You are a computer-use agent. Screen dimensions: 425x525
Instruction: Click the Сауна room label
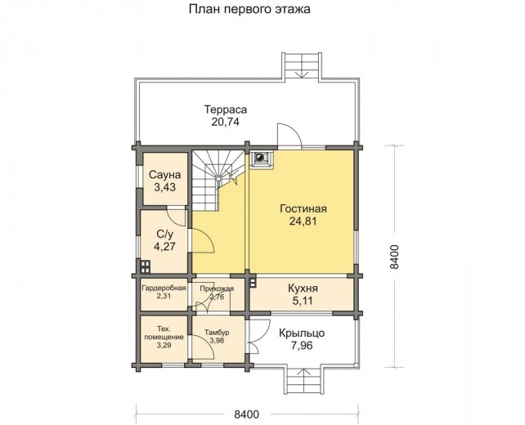(164, 176)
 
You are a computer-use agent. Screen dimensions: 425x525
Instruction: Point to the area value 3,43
(164, 189)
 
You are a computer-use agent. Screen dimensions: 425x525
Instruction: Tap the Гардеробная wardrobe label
(164, 289)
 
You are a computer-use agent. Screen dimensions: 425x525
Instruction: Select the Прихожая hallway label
(218, 289)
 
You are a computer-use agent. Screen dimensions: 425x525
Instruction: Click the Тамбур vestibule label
(217, 333)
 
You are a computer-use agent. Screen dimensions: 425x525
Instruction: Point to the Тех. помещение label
(164, 332)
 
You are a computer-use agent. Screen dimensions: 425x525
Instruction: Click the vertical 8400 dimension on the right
(395, 257)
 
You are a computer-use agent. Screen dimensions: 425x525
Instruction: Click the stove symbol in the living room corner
(261, 158)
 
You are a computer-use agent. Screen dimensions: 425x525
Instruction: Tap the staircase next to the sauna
(218, 175)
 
